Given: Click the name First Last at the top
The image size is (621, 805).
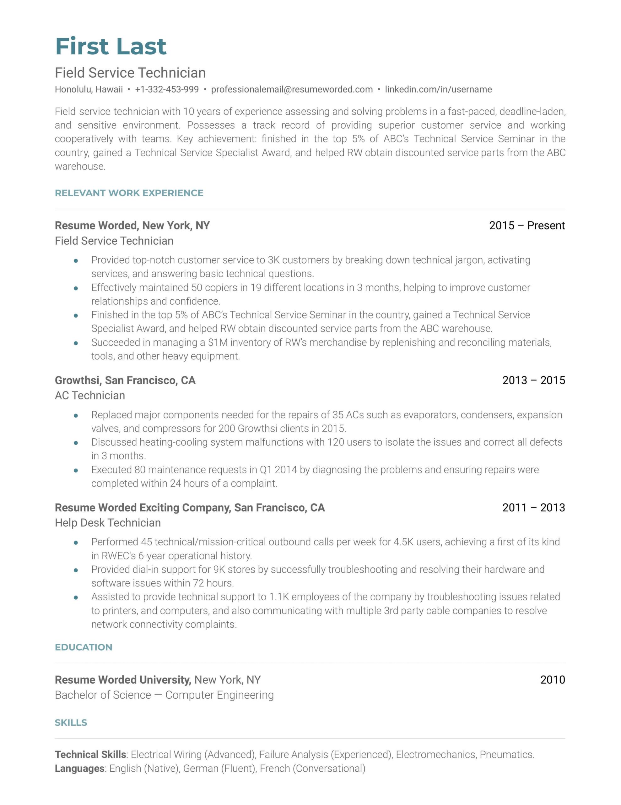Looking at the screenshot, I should [111, 47].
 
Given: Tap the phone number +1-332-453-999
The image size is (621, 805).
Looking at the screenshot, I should [167, 89].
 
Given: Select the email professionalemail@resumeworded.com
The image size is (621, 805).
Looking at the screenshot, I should [292, 89].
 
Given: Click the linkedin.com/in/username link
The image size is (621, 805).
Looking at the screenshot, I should [438, 89].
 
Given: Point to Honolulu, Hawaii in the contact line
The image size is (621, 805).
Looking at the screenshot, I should [89, 89].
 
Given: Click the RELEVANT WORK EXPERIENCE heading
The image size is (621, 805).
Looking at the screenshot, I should [129, 193].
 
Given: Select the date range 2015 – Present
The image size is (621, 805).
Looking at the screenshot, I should [526, 225].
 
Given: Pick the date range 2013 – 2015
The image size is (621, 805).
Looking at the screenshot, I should [533, 380].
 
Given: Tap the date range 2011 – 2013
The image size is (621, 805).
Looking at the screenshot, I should [533, 507].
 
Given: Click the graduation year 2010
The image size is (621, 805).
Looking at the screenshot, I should [552, 679].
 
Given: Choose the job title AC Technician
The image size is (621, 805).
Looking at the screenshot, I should [90, 395].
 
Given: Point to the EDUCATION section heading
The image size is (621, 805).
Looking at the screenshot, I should [83, 647].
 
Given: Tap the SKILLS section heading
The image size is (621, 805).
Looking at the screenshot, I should [71, 722].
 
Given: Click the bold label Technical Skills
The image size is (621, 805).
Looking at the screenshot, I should [90, 754].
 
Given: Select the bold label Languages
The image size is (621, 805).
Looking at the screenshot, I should [79, 768].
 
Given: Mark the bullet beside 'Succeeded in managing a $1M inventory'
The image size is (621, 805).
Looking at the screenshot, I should [76, 343].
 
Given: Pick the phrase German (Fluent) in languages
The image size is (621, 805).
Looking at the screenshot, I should [219, 768].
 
